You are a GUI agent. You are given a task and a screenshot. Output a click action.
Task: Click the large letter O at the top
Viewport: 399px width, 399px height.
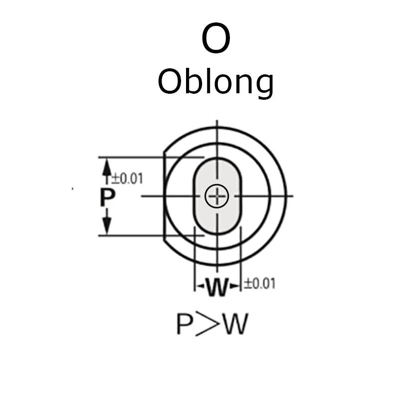216,39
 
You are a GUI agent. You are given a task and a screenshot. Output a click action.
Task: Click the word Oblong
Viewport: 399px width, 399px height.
215,82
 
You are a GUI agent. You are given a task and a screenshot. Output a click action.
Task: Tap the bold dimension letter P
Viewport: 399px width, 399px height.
106,198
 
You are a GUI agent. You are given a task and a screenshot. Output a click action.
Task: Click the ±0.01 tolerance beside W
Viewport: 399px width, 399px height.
259,284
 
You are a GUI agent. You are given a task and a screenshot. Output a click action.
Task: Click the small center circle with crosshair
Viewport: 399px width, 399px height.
217,196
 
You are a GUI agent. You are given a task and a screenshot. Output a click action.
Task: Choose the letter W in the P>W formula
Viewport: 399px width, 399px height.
235,325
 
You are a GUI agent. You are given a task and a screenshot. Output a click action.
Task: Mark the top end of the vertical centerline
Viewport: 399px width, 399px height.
217,121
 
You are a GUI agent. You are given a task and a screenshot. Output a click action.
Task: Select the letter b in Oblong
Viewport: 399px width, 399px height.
189,81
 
